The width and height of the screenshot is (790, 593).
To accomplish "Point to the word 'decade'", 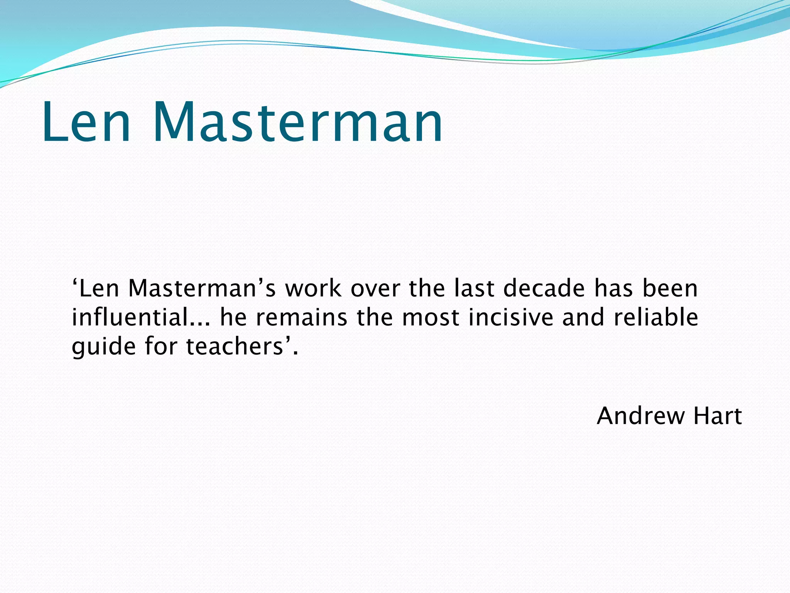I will (x=544, y=288).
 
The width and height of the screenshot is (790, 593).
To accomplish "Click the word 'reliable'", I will (x=655, y=317).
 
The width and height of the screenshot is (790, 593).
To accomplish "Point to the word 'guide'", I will (x=104, y=347).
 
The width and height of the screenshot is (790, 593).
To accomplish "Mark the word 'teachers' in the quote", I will (x=235, y=346).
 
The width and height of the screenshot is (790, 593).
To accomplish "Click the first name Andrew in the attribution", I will (x=640, y=416).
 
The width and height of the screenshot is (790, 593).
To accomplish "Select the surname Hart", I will (x=717, y=416).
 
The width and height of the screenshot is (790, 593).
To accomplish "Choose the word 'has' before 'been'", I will (x=613, y=288).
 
